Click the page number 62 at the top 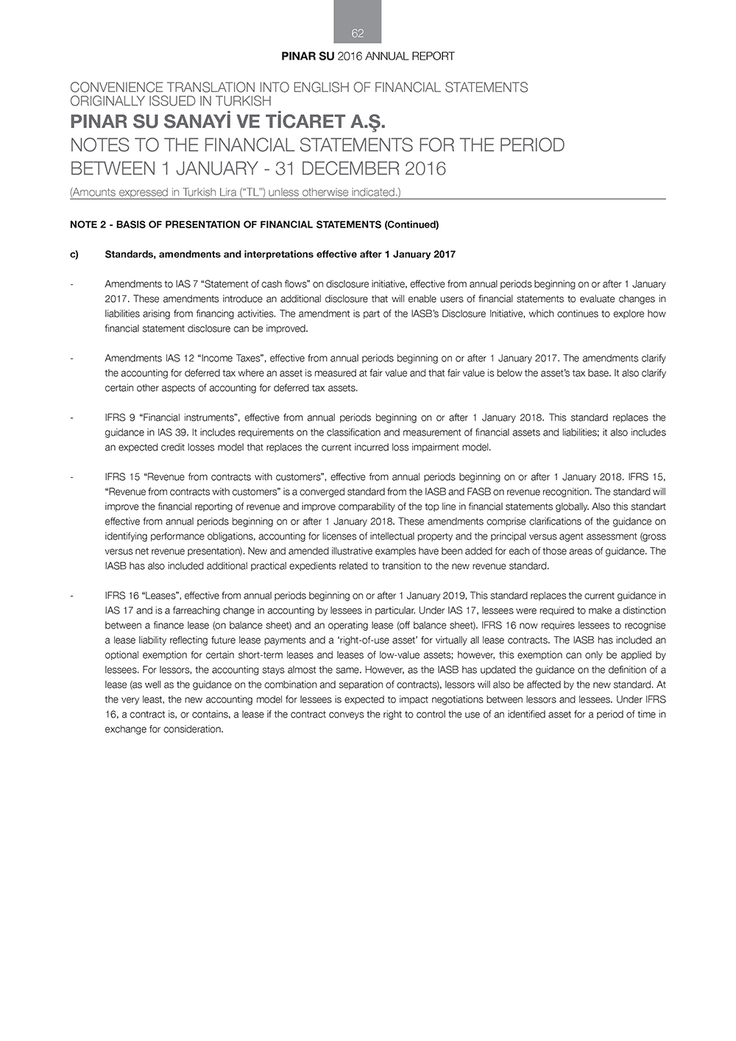coord(358,33)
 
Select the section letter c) coord(74,255)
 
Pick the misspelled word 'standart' coord(645,507)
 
